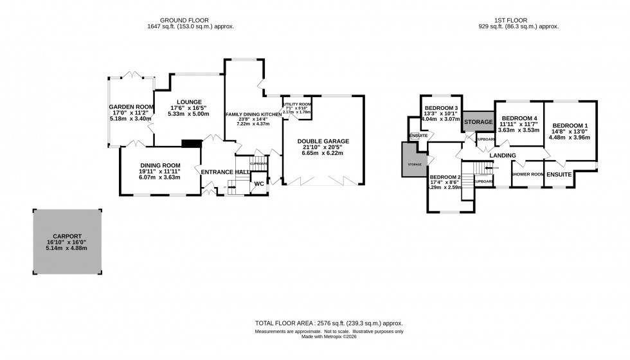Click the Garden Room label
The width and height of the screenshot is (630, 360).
pyautogui.click(x=130, y=107)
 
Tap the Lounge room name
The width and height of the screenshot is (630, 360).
pyautogui.click(x=186, y=102)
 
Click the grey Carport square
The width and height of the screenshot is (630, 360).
pyautogui.click(x=67, y=240)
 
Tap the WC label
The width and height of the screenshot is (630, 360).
pyautogui.click(x=259, y=184)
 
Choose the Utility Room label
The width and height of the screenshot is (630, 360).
pyautogui.click(x=296, y=104)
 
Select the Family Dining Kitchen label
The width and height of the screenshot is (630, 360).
pyautogui.click(x=253, y=114)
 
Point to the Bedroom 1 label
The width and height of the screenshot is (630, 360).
pyautogui.click(x=570, y=125)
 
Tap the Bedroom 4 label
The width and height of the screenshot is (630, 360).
pyautogui.click(x=519, y=119)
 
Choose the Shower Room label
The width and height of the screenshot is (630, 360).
pyautogui.click(x=527, y=174)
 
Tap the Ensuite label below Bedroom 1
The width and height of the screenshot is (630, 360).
pyautogui.click(x=558, y=174)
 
